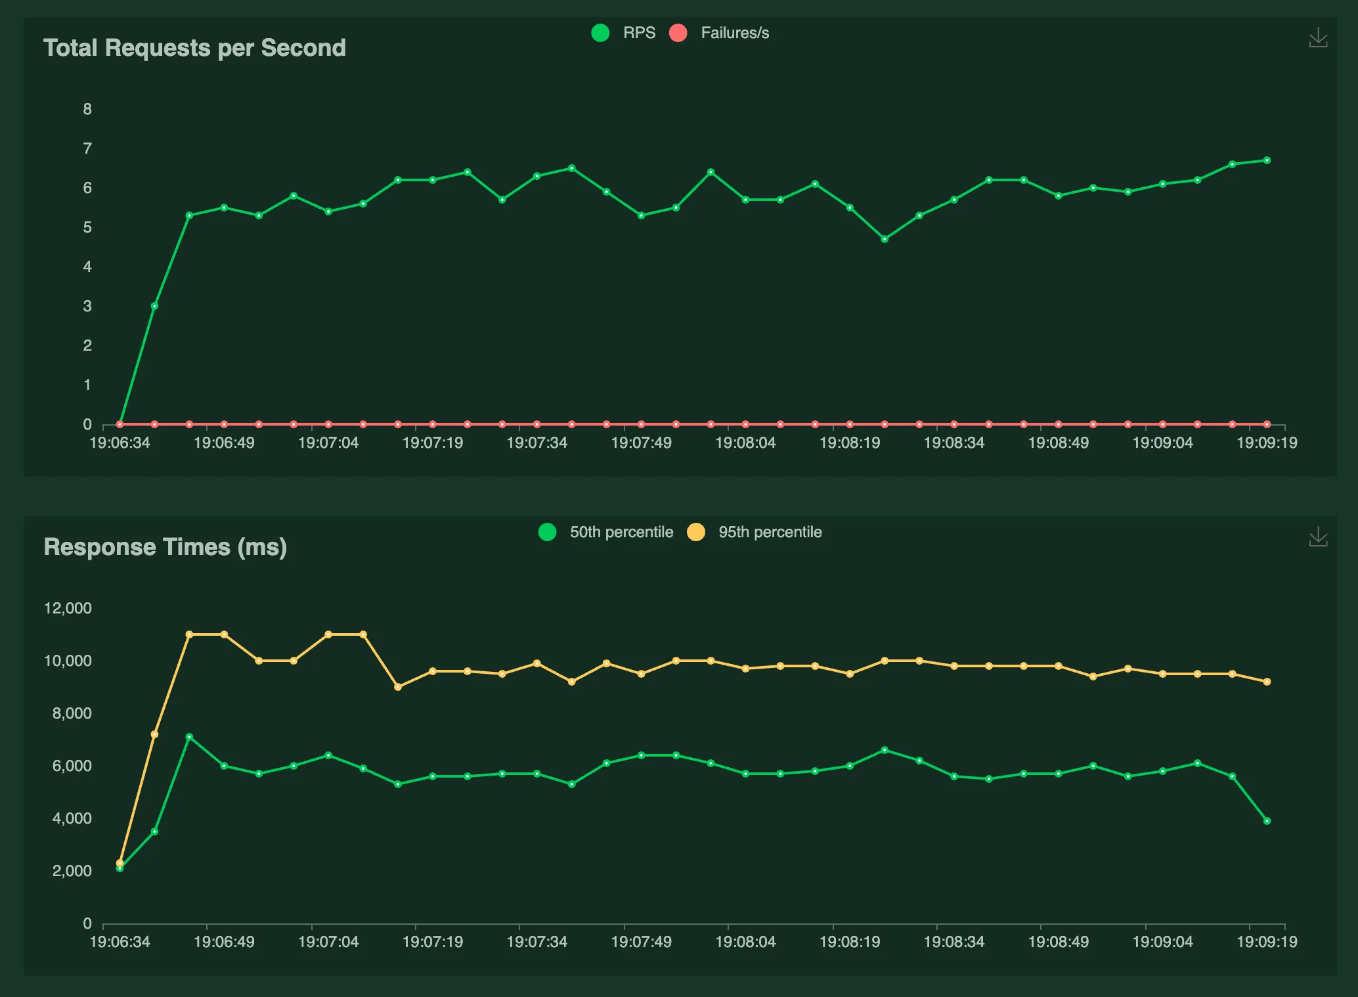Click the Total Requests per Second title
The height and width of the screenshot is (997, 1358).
pos(194,48)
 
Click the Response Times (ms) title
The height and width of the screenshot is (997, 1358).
pos(165,547)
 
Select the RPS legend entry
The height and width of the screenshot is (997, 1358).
pos(623,33)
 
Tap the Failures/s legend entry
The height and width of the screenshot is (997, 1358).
pos(719,33)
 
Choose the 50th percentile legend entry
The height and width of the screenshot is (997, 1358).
pos(605,532)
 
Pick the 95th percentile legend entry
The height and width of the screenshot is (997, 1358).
pos(755,532)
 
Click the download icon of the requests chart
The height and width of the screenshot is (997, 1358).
pos(1318,37)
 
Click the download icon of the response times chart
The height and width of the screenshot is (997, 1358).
pos(1318,537)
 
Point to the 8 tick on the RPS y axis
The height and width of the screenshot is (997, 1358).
pos(87,109)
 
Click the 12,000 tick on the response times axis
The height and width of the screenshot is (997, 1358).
pos(68,608)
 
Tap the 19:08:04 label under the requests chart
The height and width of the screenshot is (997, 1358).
pos(745,443)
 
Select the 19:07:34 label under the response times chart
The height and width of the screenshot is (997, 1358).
pos(537,942)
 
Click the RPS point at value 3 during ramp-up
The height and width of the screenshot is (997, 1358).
pos(154,306)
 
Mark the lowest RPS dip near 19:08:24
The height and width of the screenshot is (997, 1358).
pos(885,239)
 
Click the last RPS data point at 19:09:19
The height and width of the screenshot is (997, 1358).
pos(1267,160)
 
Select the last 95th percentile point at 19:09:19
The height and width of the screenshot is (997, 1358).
pos(1267,682)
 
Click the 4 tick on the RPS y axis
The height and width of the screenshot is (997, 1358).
pos(87,267)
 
